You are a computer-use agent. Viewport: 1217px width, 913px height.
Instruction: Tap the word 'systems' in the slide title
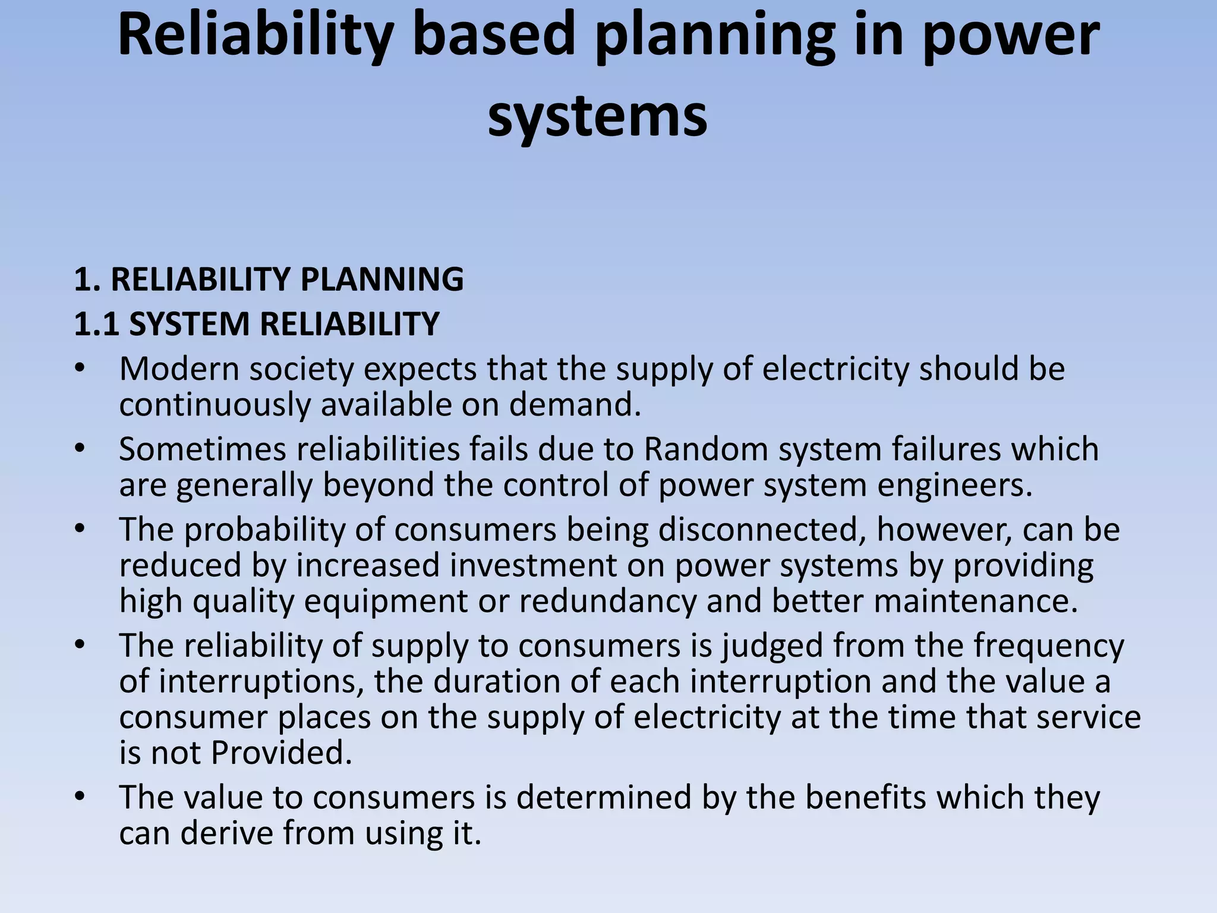pos(597,115)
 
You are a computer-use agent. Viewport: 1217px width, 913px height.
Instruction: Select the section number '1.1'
pos(96,324)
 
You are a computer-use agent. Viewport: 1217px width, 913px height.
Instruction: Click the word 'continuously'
pos(215,405)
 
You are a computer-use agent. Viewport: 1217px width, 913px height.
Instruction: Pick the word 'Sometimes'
pos(203,449)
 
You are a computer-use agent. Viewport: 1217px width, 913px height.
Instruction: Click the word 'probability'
pos(264,530)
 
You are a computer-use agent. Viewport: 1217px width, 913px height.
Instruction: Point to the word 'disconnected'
pos(761,530)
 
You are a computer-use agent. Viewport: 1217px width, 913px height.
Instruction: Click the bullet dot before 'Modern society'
pos(80,369)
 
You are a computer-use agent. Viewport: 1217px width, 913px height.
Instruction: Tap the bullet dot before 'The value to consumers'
pos(80,797)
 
